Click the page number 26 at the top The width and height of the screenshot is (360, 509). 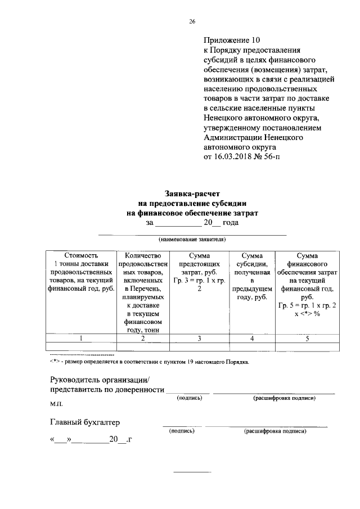[192, 21]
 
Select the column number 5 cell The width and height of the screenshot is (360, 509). [307, 338]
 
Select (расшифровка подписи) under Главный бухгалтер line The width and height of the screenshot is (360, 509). [275, 431]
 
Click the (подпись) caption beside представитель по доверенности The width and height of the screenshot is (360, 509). [190, 398]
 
